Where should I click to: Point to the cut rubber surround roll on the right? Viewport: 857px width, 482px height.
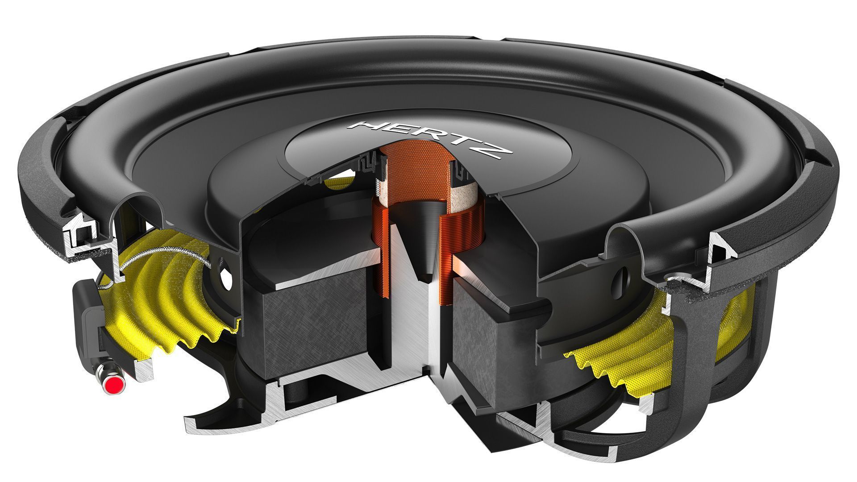(x=625, y=241)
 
